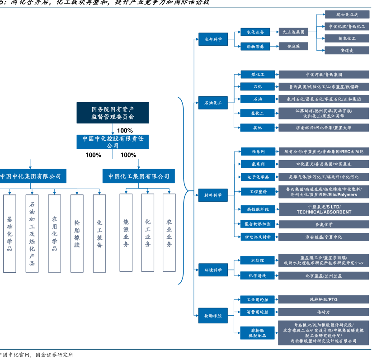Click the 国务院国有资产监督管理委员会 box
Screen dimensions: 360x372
pos(113,113)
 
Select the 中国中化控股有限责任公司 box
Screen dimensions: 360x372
pos(113,142)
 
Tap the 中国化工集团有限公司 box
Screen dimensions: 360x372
pos(139,176)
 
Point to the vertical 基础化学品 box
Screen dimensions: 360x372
pos(9,233)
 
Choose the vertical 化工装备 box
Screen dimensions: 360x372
pos(99,233)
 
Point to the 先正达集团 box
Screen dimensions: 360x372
pos(293,32)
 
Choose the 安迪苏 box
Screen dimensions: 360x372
pos(293,46)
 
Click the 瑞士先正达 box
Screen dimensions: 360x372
pos(347,14)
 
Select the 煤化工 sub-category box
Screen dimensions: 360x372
pos(257,74)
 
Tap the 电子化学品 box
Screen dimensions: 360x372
pos(257,176)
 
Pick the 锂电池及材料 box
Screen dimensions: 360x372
pos(257,237)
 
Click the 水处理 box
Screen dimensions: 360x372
pos(257,260)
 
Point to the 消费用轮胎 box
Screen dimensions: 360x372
pos(257,312)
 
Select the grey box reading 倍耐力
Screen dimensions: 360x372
pos(323,312)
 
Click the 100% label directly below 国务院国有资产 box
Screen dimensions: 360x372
pos(125,130)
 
